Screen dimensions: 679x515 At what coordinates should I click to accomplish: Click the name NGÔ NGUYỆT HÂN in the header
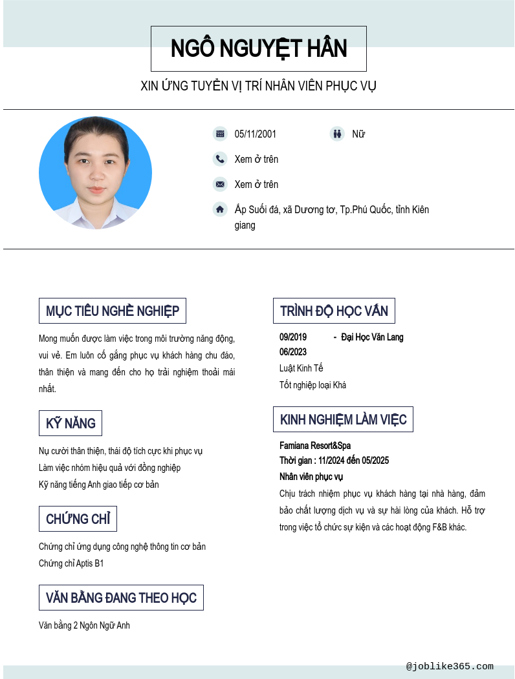pos(259,49)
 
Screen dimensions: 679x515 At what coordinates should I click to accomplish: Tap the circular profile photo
pos(95,173)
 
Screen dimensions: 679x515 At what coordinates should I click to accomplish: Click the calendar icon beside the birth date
pos(220,134)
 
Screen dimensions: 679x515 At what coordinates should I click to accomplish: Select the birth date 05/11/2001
pos(255,134)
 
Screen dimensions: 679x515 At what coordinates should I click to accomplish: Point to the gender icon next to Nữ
pos(336,134)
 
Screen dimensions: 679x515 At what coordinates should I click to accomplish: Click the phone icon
pos(220,159)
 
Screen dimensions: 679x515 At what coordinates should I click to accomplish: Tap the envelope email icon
pos(220,184)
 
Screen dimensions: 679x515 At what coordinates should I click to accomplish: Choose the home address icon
pos(220,209)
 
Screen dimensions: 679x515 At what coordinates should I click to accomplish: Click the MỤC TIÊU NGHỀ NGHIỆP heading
pos(113,311)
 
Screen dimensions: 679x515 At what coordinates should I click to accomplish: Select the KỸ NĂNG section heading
pos(71,423)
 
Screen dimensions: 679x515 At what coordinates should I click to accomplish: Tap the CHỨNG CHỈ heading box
pos(78,519)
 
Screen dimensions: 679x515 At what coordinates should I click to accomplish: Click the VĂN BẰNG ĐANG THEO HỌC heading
pos(121,598)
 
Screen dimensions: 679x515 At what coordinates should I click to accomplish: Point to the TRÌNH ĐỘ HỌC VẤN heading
pos(334,311)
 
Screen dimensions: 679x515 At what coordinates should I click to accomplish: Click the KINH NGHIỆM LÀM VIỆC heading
pos(343,419)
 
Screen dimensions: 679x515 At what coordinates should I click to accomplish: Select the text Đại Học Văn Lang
pos(372,337)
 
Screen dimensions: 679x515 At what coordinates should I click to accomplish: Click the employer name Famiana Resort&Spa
pos(315,446)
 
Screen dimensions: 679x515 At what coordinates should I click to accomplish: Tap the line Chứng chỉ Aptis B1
pos(71,563)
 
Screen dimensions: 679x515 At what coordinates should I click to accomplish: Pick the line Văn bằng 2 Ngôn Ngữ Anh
pos(84,625)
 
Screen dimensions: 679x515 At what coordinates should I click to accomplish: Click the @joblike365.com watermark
pos(450,666)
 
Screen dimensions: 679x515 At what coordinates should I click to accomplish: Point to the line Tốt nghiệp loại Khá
pos(312,385)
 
